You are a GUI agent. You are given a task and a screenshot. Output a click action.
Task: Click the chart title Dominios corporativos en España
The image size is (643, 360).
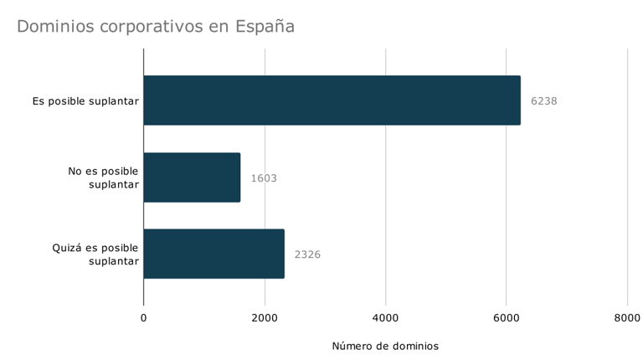tap(156, 27)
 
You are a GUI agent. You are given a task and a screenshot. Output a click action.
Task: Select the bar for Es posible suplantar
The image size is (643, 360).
tap(332, 100)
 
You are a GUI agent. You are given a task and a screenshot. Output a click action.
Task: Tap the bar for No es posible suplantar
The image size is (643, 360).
tap(192, 177)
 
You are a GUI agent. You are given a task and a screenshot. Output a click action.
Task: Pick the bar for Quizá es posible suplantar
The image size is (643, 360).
tap(213, 254)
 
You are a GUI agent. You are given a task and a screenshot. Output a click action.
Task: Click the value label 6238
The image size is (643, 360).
tap(543, 101)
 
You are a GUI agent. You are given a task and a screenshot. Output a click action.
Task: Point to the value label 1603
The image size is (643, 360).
tap(264, 178)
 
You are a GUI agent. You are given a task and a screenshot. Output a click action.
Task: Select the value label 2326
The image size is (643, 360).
tap(307, 255)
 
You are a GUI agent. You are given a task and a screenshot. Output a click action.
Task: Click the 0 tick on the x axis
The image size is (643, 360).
tap(143, 318)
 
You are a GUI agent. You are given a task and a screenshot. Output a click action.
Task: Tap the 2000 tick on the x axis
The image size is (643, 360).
tap(265, 318)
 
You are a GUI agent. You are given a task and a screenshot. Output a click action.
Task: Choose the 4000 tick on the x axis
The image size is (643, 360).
tap(385, 318)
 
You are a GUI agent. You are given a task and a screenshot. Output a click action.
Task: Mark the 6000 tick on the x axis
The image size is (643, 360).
tap(506, 318)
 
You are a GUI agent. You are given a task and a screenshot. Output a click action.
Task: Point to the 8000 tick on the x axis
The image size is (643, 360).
tap(627, 318)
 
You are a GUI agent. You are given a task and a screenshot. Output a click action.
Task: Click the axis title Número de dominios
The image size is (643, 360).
tap(385, 346)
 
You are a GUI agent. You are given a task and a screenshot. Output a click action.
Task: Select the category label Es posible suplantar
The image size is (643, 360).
tap(85, 101)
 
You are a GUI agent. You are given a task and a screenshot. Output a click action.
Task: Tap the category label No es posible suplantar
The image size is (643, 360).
tap(103, 177)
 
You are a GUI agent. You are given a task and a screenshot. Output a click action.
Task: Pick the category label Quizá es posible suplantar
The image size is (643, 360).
tap(95, 254)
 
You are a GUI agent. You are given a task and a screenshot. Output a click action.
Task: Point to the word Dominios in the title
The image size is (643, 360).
tap(55, 27)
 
